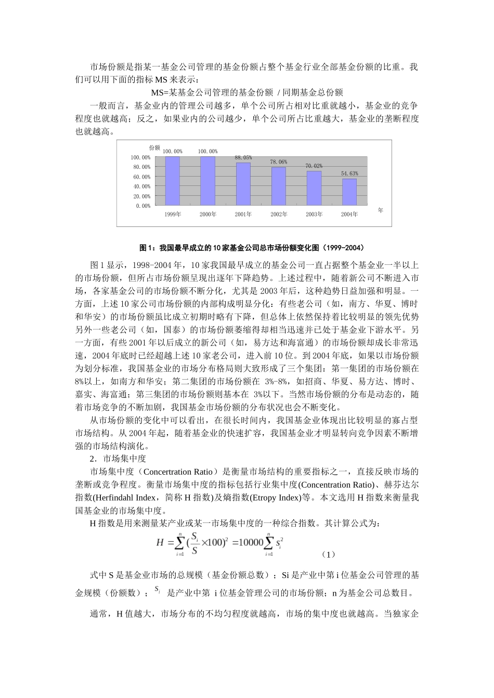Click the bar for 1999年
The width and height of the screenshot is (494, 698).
click(x=172, y=181)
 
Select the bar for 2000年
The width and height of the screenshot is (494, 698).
click(x=207, y=181)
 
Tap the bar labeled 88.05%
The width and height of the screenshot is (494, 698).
click(x=243, y=184)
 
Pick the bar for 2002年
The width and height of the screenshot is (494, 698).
click(x=278, y=186)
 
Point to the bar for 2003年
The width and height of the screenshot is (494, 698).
click(x=314, y=188)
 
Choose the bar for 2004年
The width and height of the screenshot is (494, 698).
click(x=349, y=192)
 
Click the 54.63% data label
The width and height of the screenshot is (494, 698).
click(x=349, y=173)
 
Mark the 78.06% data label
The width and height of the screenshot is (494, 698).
click(x=278, y=162)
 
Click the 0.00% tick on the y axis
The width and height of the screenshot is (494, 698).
click(x=144, y=206)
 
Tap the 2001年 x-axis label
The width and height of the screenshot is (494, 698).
click(x=243, y=214)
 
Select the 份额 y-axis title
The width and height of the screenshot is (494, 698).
click(x=154, y=148)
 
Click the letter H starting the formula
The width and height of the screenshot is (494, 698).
click(x=160, y=543)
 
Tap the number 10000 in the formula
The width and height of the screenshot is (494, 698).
click(x=251, y=543)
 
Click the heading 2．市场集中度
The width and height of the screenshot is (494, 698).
click(x=118, y=459)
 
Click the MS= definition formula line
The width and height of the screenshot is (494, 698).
click(x=247, y=92)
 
